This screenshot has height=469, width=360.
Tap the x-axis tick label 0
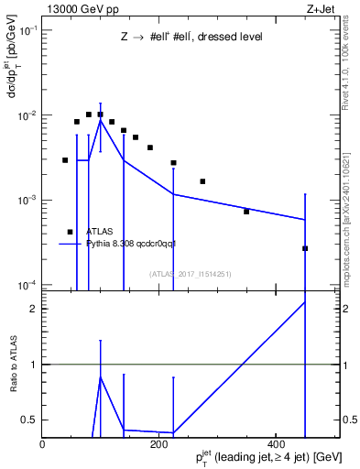[x=43, y=443]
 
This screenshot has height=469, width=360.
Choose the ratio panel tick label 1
[x=34, y=365]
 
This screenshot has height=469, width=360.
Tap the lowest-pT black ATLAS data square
[x=65, y=160]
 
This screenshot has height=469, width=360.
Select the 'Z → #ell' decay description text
[x=191, y=38]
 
